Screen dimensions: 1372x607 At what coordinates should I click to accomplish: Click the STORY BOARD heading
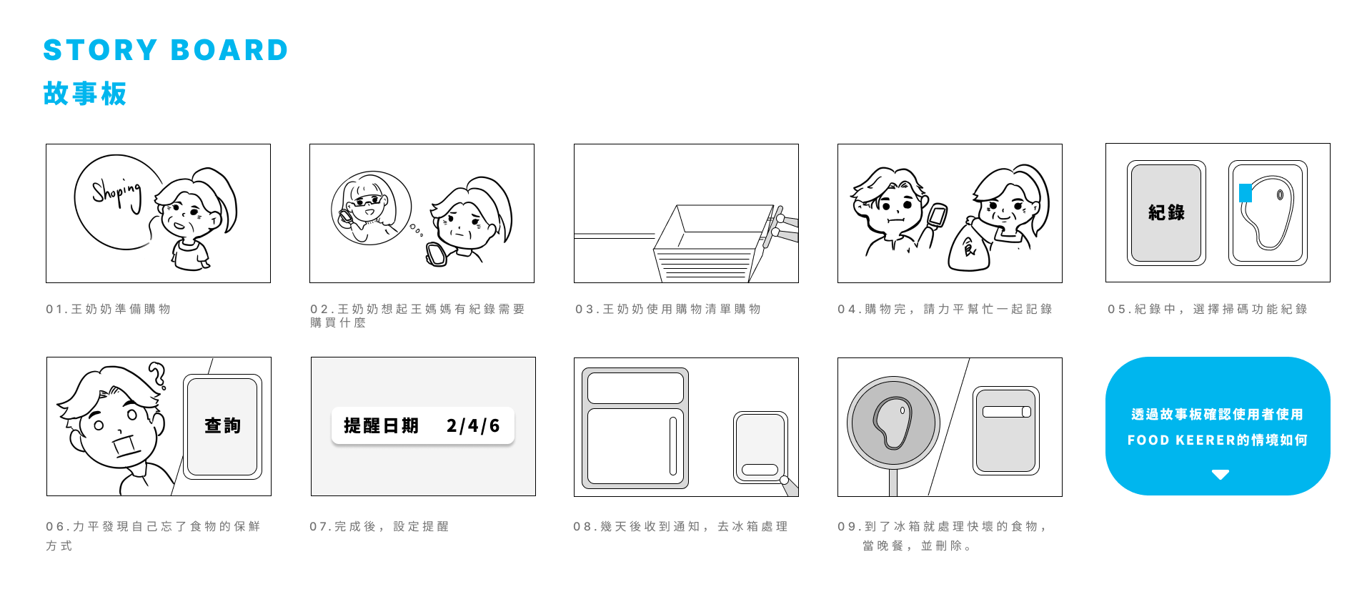pyautogui.click(x=166, y=50)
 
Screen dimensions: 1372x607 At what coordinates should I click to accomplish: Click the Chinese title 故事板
pyautogui.click(x=85, y=94)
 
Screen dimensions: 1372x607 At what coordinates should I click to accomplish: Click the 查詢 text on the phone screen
pyautogui.click(x=222, y=426)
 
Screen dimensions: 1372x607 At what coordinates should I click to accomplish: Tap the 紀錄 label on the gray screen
pyautogui.click(x=1166, y=212)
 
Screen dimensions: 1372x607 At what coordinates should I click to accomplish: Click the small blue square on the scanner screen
pyautogui.click(x=1245, y=192)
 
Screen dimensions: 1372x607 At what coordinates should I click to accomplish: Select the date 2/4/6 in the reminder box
pyautogui.click(x=473, y=426)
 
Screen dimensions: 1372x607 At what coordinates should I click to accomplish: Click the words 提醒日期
pyautogui.click(x=381, y=426)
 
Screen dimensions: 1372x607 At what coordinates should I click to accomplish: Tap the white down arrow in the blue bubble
pyautogui.click(x=1221, y=474)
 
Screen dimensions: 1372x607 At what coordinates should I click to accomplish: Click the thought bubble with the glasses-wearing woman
pyautogui.click(x=371, y=208)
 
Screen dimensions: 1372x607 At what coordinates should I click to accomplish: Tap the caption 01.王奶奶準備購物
pyautogui.click(x=109, y=309)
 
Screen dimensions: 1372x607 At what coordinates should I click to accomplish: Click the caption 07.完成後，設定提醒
pyautogui.click(x=379, y=526)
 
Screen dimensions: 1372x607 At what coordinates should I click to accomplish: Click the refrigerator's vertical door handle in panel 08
pyautogui.click(x=672, y=446)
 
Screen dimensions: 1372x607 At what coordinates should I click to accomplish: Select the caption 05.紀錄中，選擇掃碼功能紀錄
pyautogui.click(x=1208, y=309)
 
